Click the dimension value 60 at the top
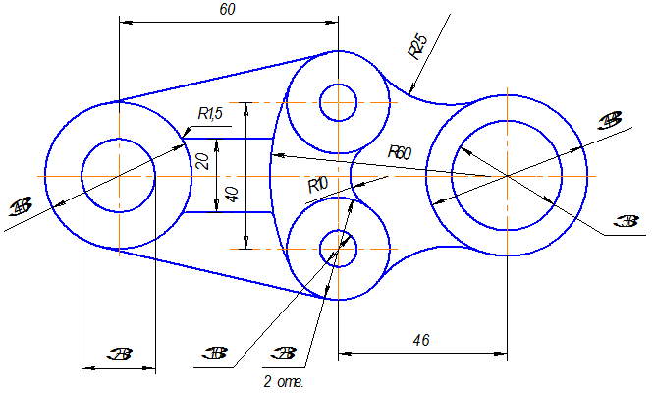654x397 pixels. pos(228,9)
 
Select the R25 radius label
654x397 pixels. pos(417,46)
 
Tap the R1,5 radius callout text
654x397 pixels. pos(210,114)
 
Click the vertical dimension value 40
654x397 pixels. pos(233,193)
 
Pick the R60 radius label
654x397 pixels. pos(399,152)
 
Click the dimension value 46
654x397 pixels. pos(422,339)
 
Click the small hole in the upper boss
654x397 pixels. pos(338,101)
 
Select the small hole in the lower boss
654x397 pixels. pos(338,249)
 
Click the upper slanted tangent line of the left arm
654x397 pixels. pos(226,77)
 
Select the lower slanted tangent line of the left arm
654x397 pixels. pos(226,273)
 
